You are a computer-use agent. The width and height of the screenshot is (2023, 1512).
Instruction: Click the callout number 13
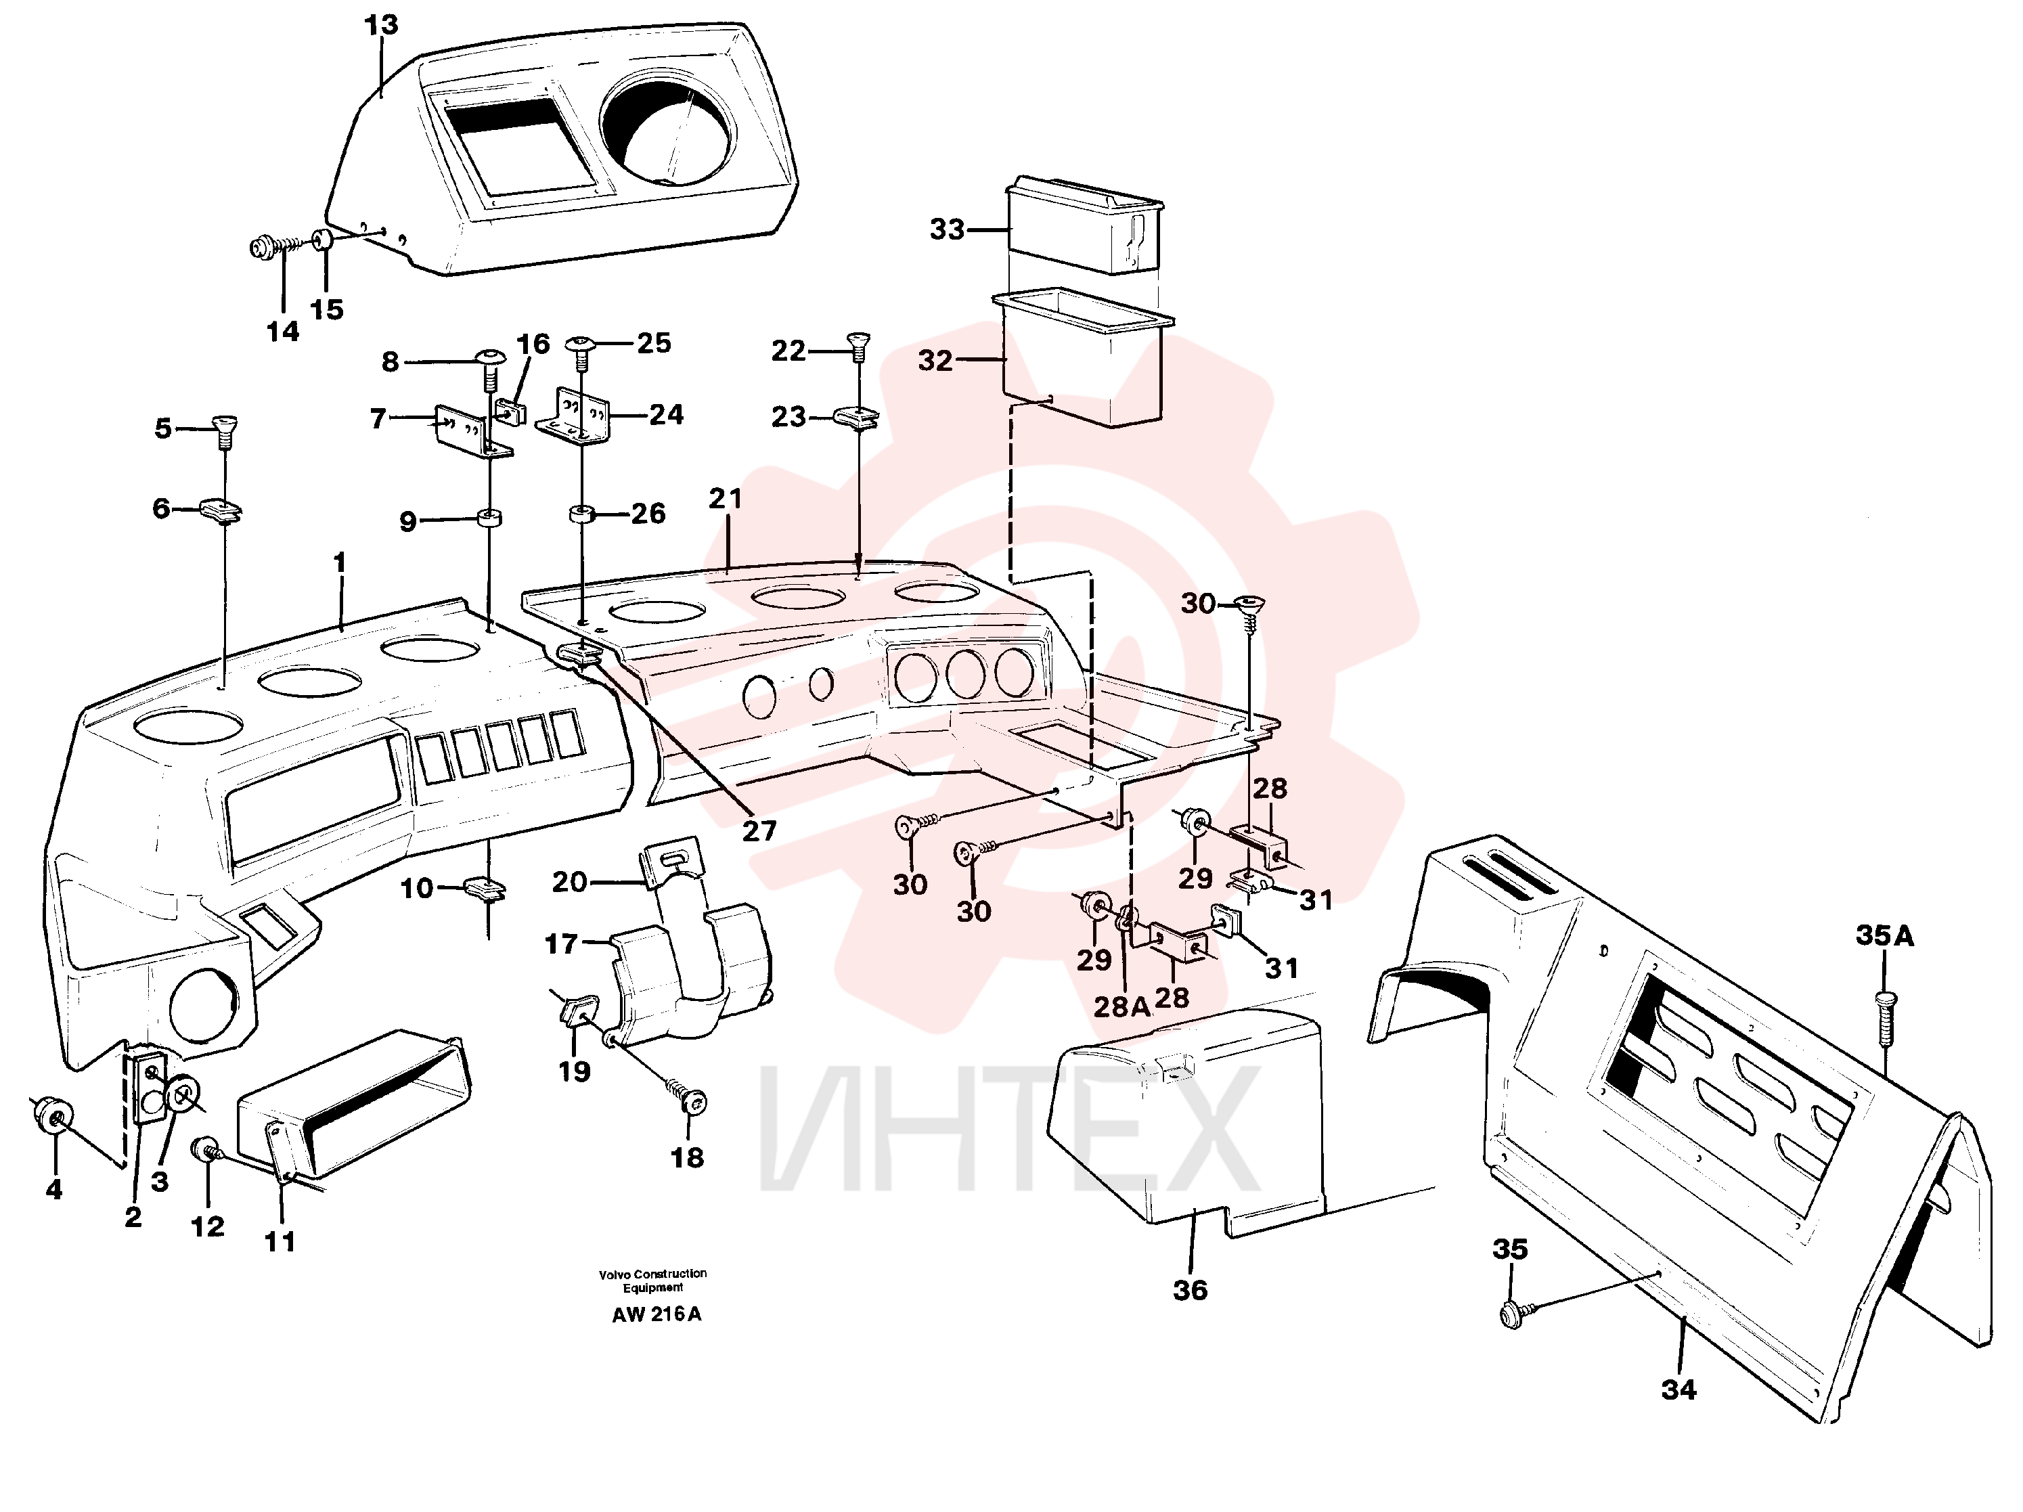381,26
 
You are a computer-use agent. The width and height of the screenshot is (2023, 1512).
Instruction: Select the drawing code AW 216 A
657,1314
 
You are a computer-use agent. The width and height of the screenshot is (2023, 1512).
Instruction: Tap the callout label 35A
1884,936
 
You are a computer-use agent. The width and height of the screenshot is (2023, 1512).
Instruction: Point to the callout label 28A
1122,1007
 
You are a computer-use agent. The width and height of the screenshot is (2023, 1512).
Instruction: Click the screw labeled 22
858,348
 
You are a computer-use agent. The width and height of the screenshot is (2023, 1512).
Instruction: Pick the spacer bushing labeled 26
581,514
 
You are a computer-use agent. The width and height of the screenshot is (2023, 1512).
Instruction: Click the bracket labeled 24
573,416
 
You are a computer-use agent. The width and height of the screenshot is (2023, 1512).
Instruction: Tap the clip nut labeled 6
221,510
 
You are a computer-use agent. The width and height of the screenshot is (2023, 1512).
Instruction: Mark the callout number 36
1190,1291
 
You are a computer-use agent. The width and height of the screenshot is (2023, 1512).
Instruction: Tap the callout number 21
726,499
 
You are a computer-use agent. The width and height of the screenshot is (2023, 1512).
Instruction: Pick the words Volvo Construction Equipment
653,1281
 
